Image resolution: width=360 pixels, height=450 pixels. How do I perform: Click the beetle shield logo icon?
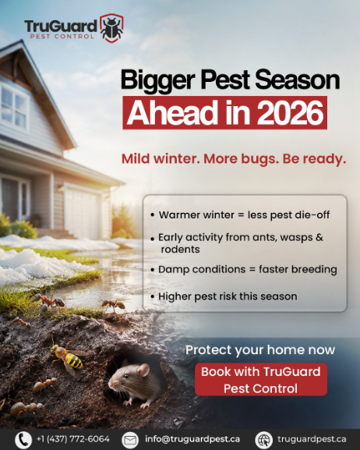coord(111,28)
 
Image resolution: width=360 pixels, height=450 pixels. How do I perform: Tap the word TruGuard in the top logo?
coord(61,26)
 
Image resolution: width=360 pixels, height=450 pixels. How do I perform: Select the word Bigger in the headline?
coord(157,80)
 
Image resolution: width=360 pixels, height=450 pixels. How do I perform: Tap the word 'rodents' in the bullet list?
coord(180,249)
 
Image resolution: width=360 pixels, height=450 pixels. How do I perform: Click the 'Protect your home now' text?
coord(260,350)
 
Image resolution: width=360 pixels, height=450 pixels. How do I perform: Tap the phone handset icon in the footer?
coord(23,440)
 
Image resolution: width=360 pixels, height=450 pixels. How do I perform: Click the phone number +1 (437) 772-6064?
coord(73,439)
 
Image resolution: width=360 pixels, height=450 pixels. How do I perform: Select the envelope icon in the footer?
coord(130,440)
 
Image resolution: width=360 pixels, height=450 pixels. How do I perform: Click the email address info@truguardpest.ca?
coord(192,439)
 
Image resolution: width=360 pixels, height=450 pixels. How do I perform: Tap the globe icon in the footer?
coord(263,440)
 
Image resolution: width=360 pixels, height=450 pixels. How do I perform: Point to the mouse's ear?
coord(143,370)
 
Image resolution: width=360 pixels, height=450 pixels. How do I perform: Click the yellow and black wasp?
coord(67,357)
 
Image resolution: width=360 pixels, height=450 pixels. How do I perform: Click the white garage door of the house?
coord(83,211)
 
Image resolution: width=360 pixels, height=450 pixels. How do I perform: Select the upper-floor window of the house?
coord(14,107)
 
